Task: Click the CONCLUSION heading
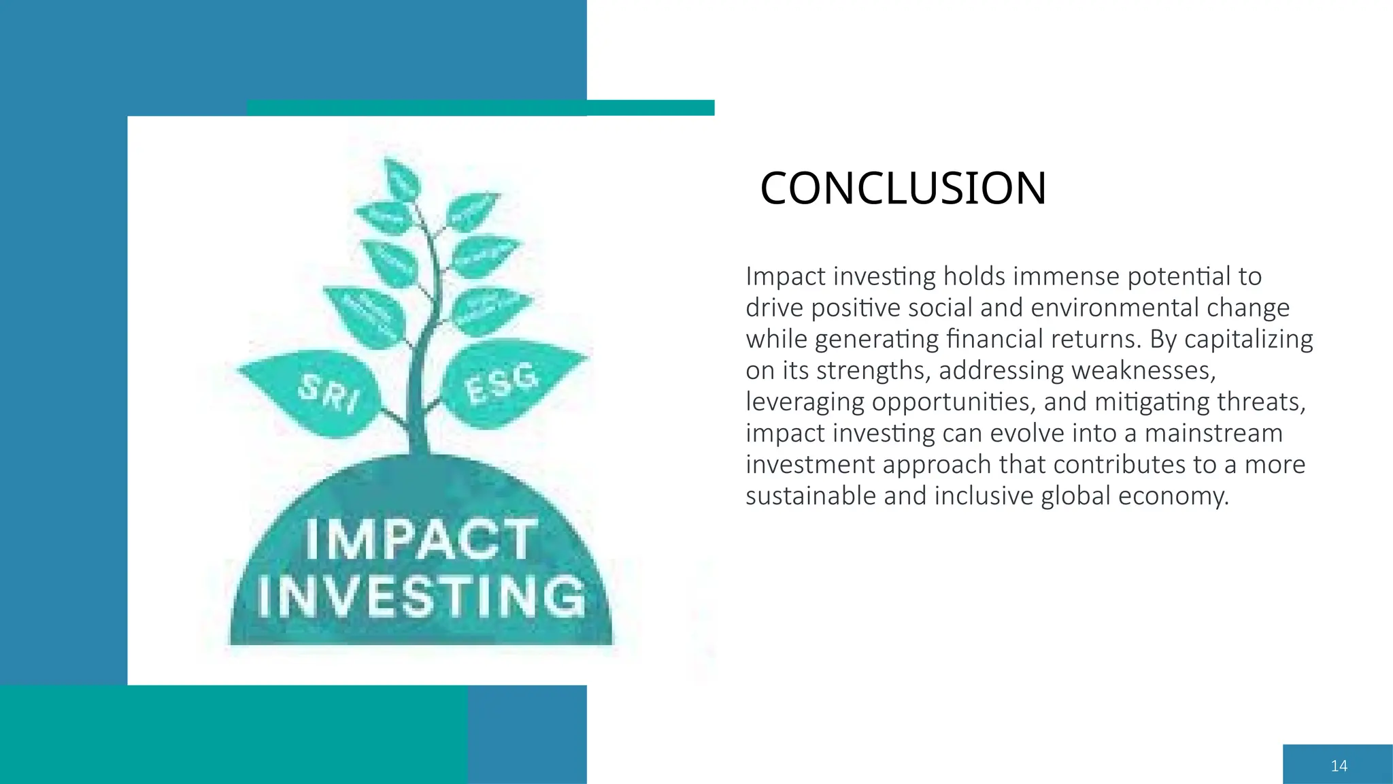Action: point(903,188)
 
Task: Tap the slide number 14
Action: point(1339,766)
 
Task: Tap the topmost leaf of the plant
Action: point(401,180)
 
